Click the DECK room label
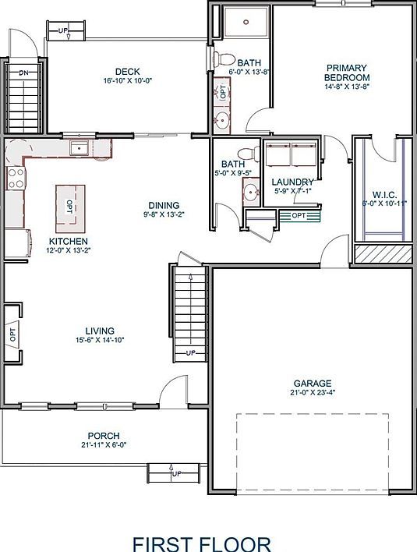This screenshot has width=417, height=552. click(126, 71)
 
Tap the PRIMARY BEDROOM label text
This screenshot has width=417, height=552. click(347, 73)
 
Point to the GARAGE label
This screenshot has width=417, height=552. click(313, 383)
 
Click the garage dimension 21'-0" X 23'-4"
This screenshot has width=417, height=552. click(313, 393)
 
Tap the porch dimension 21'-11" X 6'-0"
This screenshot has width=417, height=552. click(103, 444)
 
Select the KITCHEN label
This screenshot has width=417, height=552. click(68, 241)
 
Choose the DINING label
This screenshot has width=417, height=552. click(163, 205)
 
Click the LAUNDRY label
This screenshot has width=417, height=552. click(292, 182)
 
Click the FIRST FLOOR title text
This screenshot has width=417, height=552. click(201, 543)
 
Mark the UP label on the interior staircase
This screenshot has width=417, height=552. click(191, 353)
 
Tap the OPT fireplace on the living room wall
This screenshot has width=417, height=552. click(12, 335)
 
